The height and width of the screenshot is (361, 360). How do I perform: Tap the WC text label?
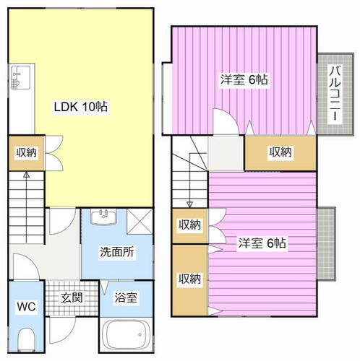26,305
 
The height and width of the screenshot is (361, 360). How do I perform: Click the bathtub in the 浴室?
127,337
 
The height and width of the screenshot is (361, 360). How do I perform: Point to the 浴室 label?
127,297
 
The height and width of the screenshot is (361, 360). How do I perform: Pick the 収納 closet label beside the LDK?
27,152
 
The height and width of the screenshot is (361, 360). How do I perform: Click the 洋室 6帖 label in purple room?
244,79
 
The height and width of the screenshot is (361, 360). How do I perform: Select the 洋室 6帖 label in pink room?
262,243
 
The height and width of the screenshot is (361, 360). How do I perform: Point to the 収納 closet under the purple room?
280,152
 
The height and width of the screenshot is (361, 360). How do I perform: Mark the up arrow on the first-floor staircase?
27,175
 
